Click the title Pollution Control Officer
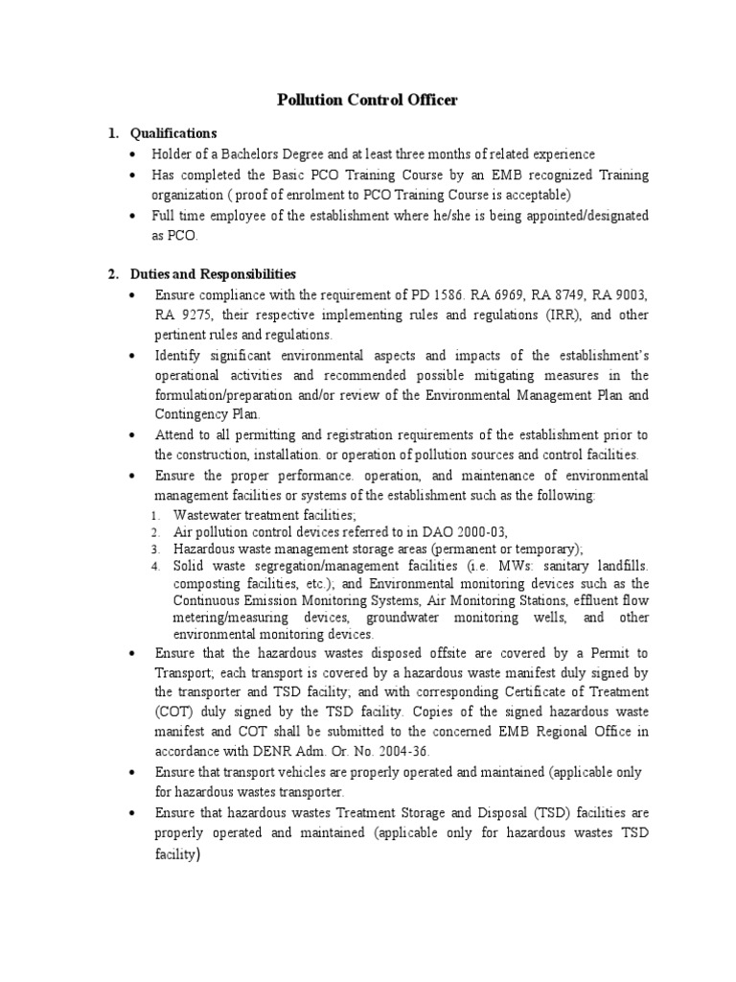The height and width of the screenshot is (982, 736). [x=367, y=100]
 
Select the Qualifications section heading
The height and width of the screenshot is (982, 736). [x=173, y=133]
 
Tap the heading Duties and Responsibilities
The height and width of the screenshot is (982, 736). [x=214, y=274]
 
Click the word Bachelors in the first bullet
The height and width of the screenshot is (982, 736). [x=258, y=154]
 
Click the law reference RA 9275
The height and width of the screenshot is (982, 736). [x=177, y=316]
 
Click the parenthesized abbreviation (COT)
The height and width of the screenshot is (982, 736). [x=172, y=713]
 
